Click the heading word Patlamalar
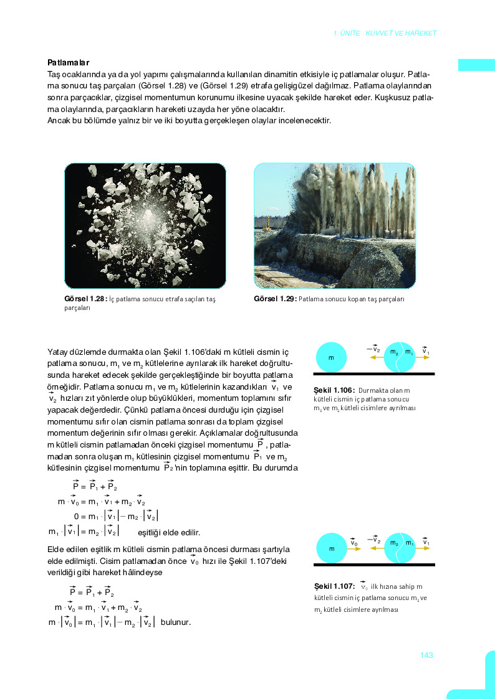(69, 62)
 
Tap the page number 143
(426, 655)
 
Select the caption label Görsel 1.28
(85, 299)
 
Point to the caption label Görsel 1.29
(275, 299)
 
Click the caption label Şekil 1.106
(334, 390)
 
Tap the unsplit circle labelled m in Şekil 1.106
(331, 357)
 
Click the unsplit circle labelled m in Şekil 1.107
(331, 549)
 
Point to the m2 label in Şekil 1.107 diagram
(394, 543)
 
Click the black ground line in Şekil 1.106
(374, 373)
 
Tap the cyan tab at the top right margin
(476, 65)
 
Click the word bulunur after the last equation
(175, 622)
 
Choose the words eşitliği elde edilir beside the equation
(168, 532)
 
